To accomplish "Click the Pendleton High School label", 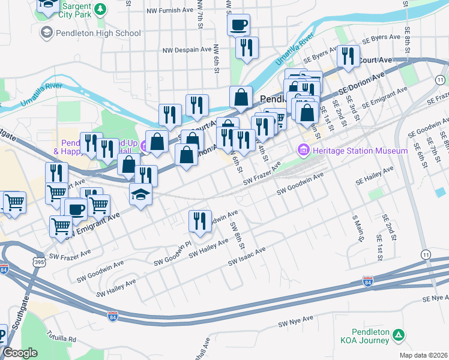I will coord(98,33).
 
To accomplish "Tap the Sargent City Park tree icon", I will coord(101,10).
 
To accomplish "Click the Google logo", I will coord(20,353).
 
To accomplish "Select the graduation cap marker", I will coord(140,195).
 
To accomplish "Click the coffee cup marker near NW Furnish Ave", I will coord(239,25).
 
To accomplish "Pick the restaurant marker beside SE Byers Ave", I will coord(348,56).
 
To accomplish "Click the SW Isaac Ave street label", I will coord(247,256).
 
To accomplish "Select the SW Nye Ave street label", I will coord(296,322).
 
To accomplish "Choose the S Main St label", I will coord(358,229).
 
